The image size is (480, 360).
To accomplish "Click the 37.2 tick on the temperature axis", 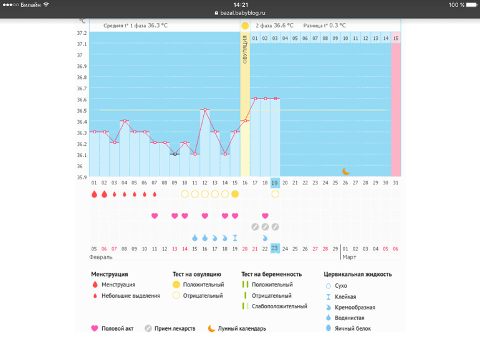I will click(82, 33).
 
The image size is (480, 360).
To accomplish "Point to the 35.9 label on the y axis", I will click(82, 178).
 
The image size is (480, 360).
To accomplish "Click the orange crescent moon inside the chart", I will click(346, 171).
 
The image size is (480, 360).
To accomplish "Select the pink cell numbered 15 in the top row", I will click(396, 38).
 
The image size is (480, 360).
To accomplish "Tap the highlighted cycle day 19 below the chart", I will click(275, 182).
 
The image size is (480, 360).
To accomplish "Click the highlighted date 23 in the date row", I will click(275, 249).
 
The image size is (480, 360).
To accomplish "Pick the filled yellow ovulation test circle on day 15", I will click(235, 194).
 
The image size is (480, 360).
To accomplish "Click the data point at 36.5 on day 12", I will click(204, 110).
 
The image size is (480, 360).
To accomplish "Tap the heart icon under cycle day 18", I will click(265, 216).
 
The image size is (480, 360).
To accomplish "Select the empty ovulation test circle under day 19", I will click(275, 194).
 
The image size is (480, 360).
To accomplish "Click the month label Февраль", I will click(101, 257).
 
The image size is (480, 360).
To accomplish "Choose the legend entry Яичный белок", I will click(353, 328).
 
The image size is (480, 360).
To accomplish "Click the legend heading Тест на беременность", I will click(271, 274).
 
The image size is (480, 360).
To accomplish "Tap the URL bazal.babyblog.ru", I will click(243, 12).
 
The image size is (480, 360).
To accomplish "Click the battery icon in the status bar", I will click(473, 5).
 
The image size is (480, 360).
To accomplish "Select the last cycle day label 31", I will click(396, 182).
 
